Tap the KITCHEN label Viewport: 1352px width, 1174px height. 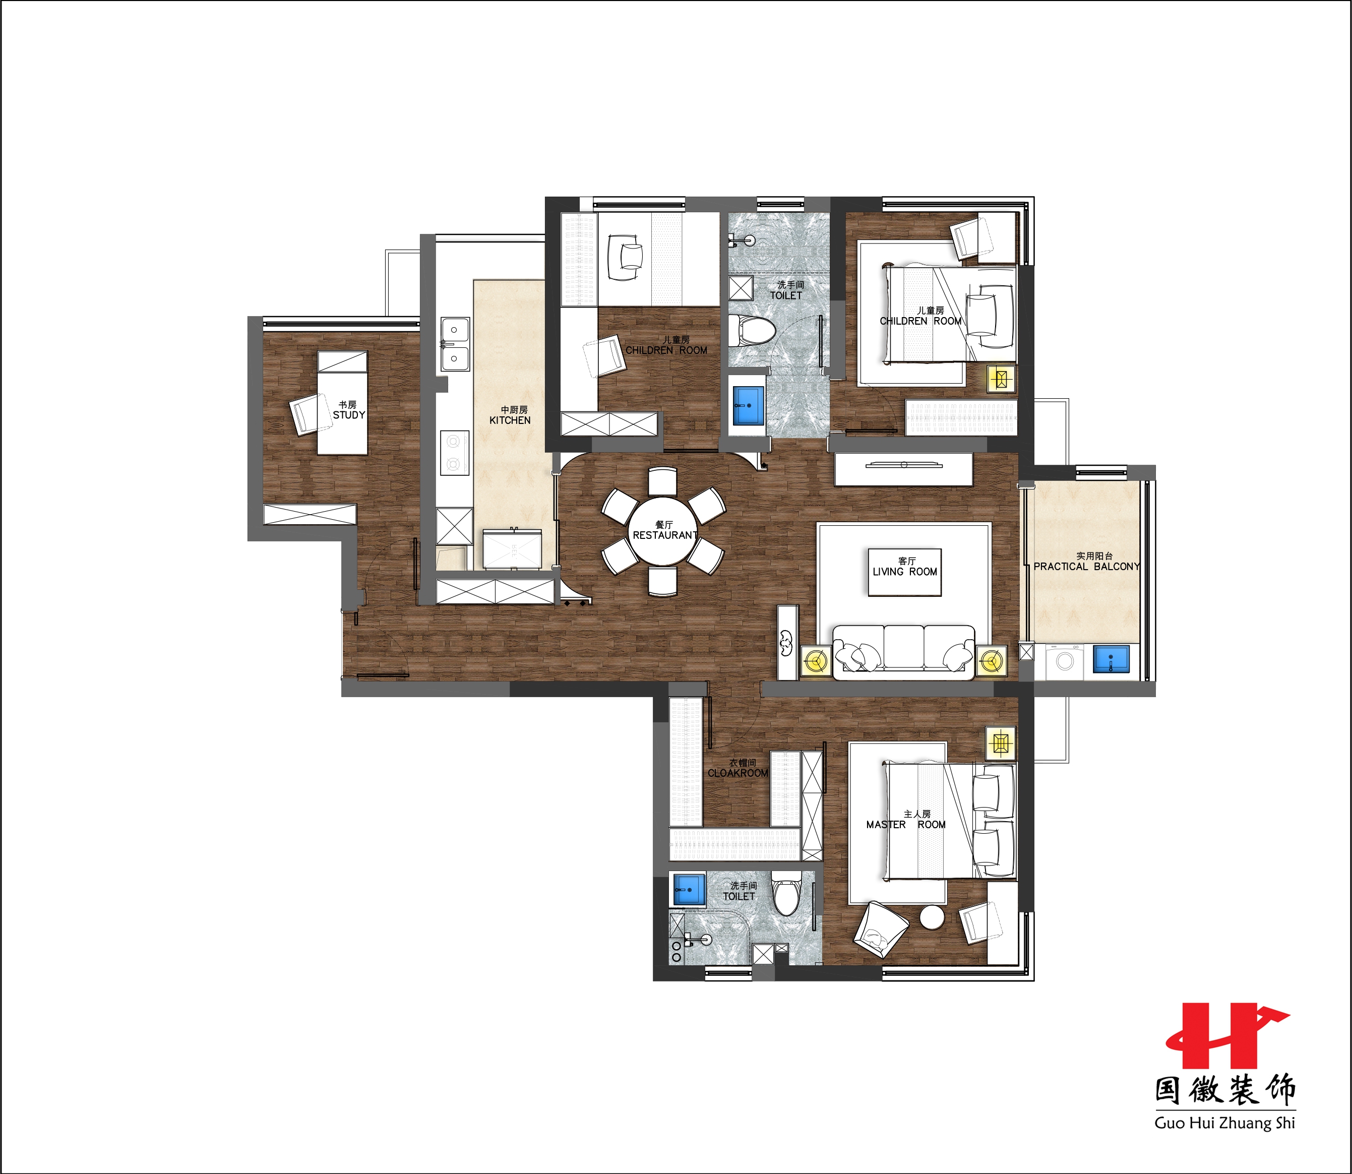[510, 420]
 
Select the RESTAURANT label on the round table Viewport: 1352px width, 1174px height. [665, 535]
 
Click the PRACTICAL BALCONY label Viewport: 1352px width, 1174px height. [1087, 566]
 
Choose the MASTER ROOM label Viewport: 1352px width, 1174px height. [906, 824]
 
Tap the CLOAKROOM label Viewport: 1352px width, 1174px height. [738, 773]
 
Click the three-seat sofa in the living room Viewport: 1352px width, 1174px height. [904, 648]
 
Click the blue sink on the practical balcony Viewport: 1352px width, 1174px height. [1111, 659]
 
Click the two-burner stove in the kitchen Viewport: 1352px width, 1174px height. [454, 453]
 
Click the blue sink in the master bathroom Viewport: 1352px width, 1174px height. [689, 890]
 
